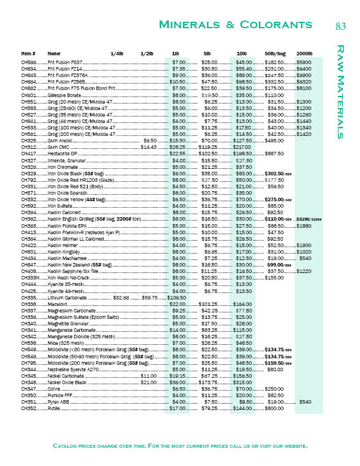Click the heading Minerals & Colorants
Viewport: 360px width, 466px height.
[x=235, y=25]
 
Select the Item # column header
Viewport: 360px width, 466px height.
[x=29, y=54]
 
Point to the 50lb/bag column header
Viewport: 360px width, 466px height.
[x=275, y=54]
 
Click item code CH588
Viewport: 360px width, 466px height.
[x=29, y=62]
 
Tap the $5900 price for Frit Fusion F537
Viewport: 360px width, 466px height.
[x=304, y=62]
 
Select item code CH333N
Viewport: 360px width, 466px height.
[x=31, y=277]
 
